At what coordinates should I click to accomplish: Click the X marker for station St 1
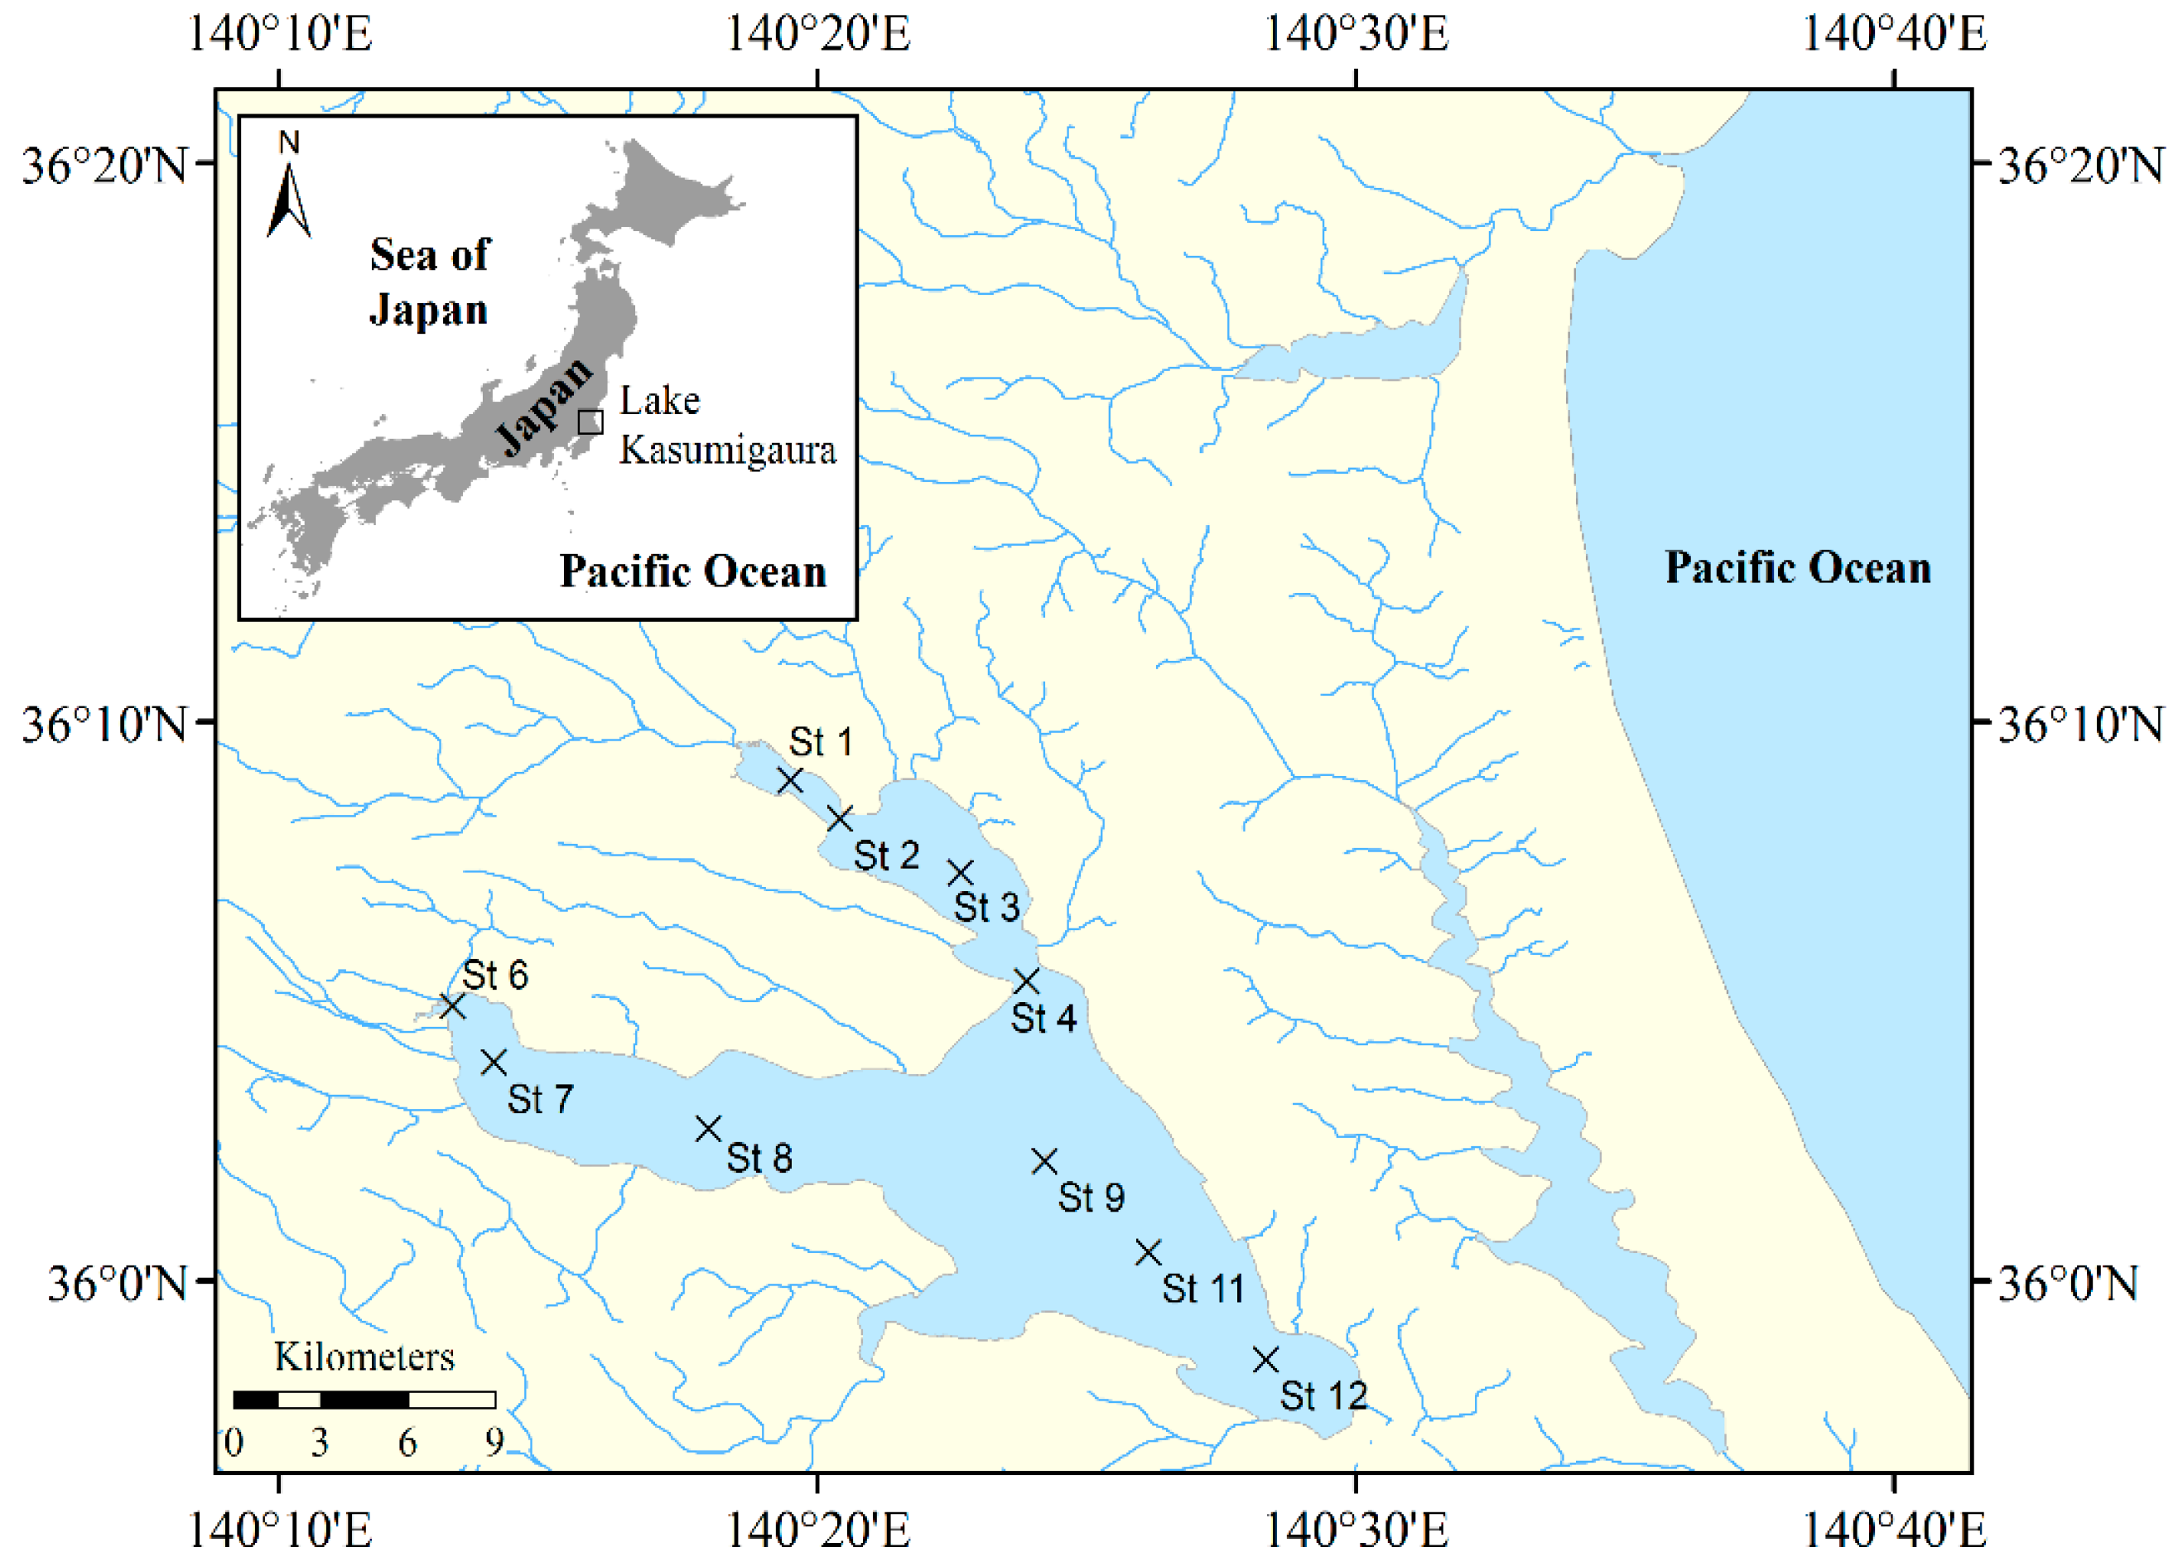click(790, 780)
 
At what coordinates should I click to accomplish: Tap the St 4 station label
click(1043, 1018)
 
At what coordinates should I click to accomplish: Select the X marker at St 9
click(1044, 1162)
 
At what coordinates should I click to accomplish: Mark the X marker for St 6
click(452, 1005)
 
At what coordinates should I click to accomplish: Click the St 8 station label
click(759, 1158)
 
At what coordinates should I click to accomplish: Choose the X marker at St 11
click(1149, 1252)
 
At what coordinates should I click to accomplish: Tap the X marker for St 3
click(961, 872)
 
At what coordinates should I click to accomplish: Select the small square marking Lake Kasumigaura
click(590, 422)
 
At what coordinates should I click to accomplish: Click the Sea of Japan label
click(430, 282)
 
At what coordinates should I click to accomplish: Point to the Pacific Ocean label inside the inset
click(693, 571)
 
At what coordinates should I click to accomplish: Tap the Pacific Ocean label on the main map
click(1797, 567)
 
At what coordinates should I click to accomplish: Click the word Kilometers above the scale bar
click(364, 1357)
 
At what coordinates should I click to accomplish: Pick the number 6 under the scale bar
click(407, 1443)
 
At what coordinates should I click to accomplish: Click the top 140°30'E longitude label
click(1356, 35)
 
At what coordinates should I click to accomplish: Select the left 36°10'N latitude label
click(104, 724)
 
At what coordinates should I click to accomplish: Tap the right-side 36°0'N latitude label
click(2067, 1283)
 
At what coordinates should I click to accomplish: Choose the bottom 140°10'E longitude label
click(279, 1530)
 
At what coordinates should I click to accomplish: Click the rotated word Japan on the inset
click(543, 407)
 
